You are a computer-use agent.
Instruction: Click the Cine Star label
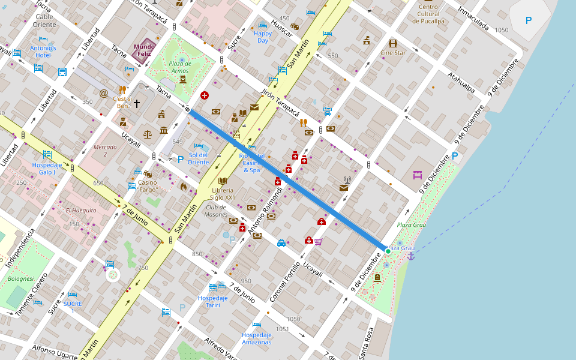393,53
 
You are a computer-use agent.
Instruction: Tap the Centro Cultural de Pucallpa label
428,14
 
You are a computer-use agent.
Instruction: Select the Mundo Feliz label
144,50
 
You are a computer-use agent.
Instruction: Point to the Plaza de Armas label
180,67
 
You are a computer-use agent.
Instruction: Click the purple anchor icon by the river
411,256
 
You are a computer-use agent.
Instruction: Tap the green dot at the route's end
388,251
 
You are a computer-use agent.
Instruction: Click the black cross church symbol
136,104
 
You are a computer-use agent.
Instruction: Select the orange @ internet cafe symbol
104,94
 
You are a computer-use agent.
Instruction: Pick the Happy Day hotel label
263,37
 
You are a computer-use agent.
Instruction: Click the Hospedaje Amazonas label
257,338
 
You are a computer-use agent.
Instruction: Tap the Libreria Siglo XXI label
223,193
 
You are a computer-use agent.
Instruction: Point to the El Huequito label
81,211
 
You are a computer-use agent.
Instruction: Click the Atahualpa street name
461,83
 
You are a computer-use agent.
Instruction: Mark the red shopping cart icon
318,242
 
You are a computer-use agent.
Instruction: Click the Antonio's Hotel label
43,52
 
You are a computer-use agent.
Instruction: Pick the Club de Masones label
216,211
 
